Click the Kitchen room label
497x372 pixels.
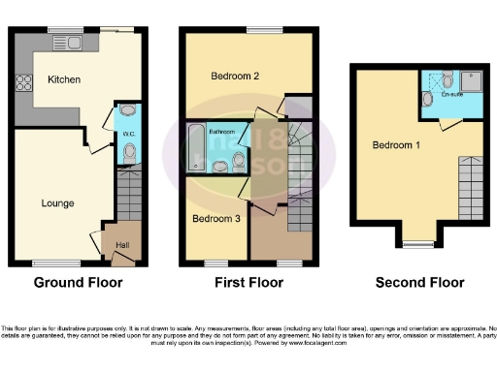(x=64, y=79)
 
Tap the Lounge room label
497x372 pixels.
(x=56, y=203)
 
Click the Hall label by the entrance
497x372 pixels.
(x=124, y=244)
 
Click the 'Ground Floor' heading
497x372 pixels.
(x=78, y=283)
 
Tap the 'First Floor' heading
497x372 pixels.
(x=248, y=283)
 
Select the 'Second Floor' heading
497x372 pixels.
(x=419, y=283)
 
